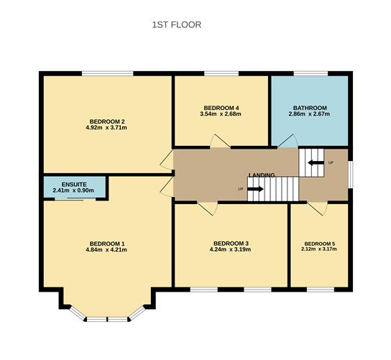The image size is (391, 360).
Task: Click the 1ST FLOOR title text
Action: tap(176, 24)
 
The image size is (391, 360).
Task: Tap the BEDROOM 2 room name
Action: tap(108, 121)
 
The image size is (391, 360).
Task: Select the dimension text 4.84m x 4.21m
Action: tap(107, 250)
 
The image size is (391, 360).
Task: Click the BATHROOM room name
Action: tap(309, 108)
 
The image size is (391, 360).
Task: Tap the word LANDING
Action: tap(262, 175)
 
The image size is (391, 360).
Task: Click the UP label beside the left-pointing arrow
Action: tap(330, 162)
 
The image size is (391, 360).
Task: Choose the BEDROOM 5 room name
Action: tap(319, 244)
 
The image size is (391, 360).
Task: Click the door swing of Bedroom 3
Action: tap(207, 208)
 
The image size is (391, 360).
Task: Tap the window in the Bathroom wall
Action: tap(309, 73)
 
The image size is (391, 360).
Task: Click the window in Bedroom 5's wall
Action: tap(319, 290)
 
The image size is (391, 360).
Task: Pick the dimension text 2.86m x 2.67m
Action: tap(309, 114)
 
